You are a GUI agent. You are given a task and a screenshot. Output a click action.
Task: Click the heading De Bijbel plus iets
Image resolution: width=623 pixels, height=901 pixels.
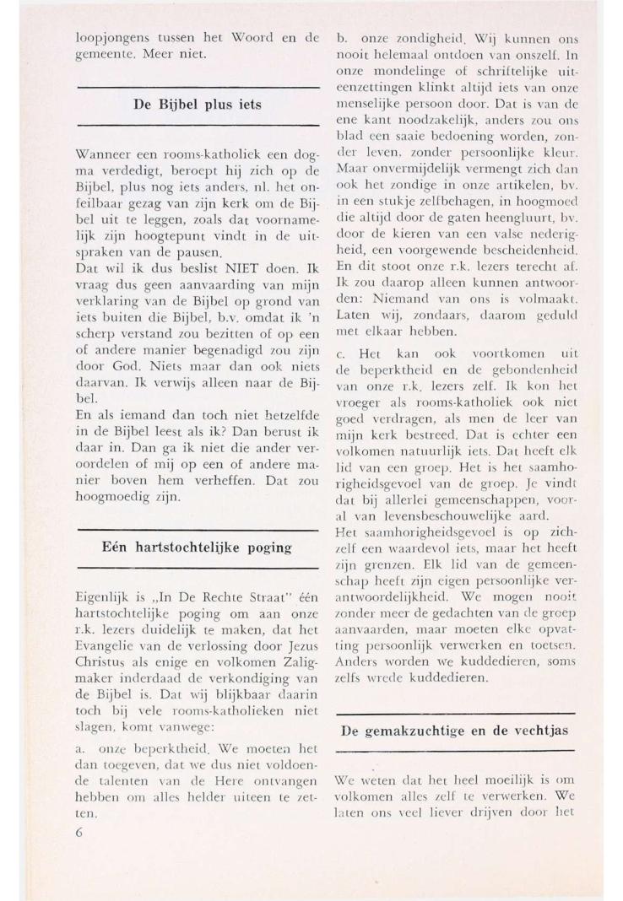point(198,105)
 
